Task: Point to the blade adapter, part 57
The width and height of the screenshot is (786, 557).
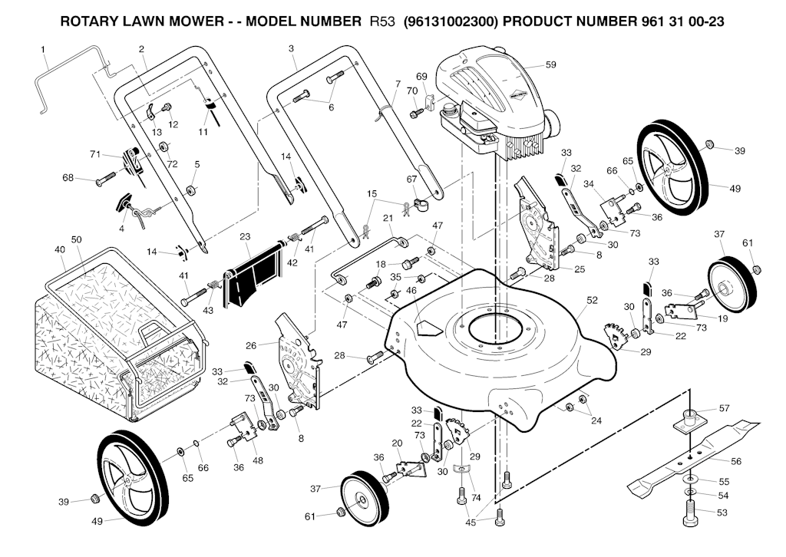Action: tap(689, 419)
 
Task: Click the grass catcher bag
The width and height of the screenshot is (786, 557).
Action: tap(117, 333)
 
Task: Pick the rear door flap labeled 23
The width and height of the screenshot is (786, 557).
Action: tap(253, 274)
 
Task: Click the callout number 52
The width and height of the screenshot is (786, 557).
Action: tap(592, 300)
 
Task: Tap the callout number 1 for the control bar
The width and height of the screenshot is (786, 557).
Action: tap(43, 50)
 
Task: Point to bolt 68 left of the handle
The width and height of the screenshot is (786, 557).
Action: tap(106, 179)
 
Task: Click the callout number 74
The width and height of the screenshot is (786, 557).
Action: tap(476, 497)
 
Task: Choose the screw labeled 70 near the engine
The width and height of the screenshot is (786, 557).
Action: tap(415, 114)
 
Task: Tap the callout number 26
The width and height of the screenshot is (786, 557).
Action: tap(251, 345)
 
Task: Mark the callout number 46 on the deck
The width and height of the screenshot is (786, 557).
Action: tap(411, 291)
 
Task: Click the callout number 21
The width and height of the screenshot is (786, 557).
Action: tap(388, 218)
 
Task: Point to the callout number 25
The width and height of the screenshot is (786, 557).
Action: tap(580, 269)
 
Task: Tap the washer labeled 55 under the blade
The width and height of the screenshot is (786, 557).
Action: tap(692, 480)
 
